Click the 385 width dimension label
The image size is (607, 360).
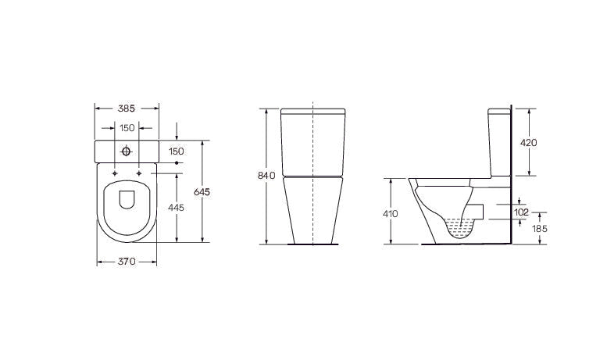click(x=127, y=109)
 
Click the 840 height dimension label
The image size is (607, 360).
click(x=266, y=176)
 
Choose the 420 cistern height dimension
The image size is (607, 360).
click(x=530, y=142)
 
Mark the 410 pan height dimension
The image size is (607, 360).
click(x=391, y=213)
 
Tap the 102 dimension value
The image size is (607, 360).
click(x=521, y=212)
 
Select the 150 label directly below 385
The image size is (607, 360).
click(x=127, y=128)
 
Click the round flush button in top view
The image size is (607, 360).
click(x=127, y=150)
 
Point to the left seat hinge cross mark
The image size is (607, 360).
click(x=115, y=172)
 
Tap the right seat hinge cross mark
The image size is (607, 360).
click(x=138, y=172)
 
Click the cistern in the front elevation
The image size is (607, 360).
click(x=312, y=141)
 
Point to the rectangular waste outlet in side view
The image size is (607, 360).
click(x=477, y=210)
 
